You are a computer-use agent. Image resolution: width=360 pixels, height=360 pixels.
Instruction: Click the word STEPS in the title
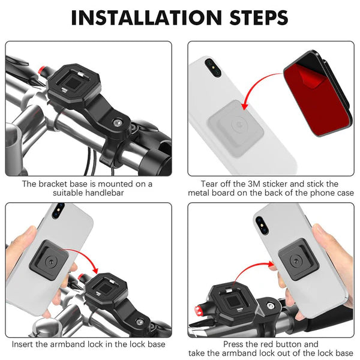254,17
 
